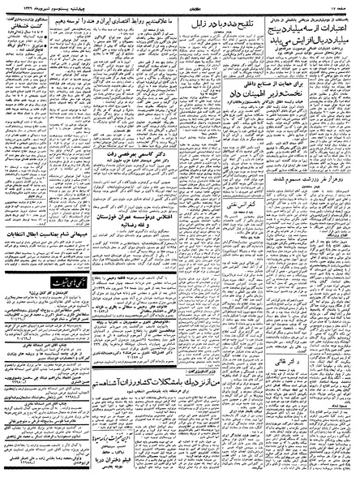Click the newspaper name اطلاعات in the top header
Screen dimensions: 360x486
[x=180, y=6]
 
